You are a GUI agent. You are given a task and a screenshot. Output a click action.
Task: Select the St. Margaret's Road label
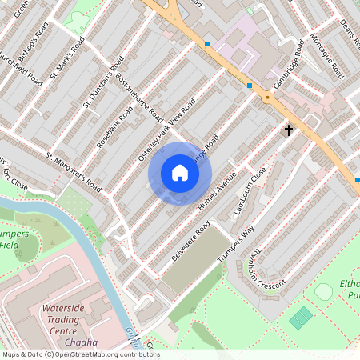coord(74,172)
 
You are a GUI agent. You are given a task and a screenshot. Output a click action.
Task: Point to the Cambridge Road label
coord(289,63)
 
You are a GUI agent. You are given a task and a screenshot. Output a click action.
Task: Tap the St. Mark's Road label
coord(66,65)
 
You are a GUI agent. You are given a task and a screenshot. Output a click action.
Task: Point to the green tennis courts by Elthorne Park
coord(302,318)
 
